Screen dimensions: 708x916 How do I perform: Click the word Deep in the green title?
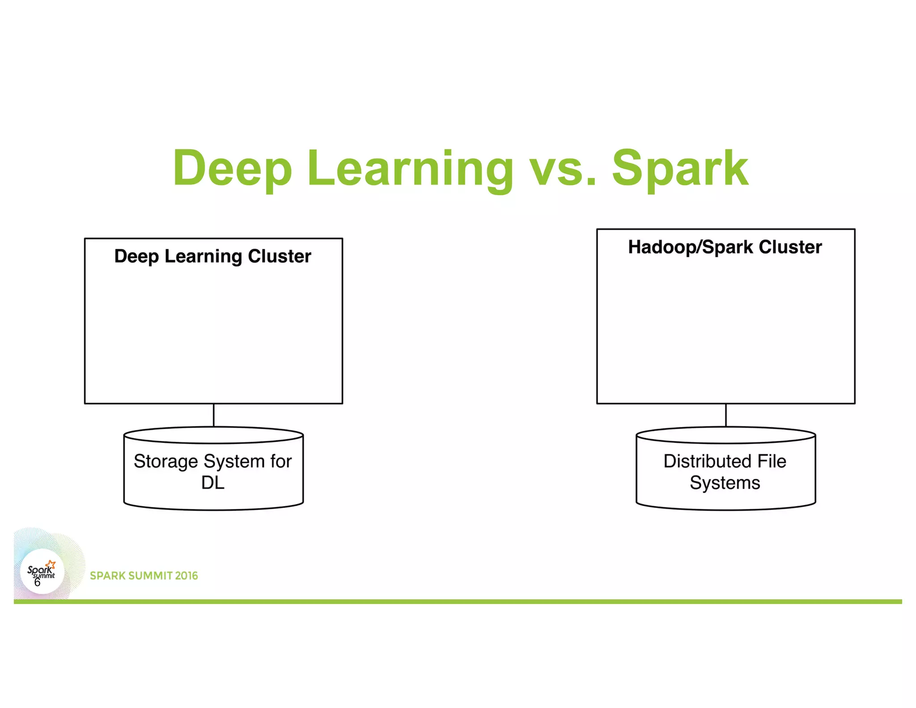[x=233, y=169]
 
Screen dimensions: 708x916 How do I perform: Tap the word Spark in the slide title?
[x=680, y=169]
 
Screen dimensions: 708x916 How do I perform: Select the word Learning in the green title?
[x=410, y=169]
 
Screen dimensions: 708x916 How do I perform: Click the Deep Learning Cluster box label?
[x=213, y=256]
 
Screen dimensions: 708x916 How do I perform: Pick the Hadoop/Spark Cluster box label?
[x=725, y=247]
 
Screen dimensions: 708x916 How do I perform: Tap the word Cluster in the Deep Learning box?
[x=280, y=256]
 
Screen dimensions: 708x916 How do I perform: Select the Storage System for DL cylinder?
[x=213, y=470]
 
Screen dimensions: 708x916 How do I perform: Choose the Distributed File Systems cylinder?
[x=725, y=470]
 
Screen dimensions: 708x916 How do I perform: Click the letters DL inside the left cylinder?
[x=213, y=483]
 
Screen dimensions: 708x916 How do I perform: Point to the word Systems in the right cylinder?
[x=725, y=483]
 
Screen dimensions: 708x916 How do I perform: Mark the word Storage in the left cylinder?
[x=165, y=461]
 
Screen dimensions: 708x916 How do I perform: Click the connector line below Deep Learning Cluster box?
[x=214, y=415]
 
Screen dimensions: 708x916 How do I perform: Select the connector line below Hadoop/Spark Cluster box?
[x=726, y=415]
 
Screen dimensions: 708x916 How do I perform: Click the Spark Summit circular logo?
[x=42, y=572]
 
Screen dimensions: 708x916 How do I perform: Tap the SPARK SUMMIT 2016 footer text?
[x=144, y=576]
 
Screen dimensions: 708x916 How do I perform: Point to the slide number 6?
[x=37, y=582]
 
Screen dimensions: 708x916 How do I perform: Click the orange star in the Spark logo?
[x=51, y=564]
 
